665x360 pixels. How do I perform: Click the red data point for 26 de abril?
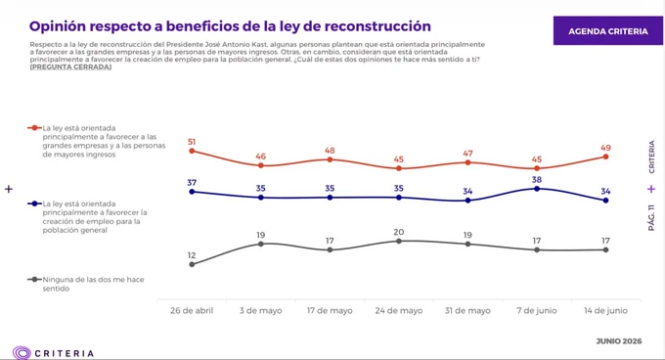click(192, 151)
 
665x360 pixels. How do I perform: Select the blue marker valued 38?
click(537, 189)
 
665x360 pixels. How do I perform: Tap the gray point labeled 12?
click(192, 264)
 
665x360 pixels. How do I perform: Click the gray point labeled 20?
click(399, 242)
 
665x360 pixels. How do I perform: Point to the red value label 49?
click(605, 148)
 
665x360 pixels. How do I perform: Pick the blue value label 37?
click(192, 182)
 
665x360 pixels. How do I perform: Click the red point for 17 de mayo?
click(330, 159)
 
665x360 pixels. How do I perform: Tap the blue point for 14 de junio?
click(605, 201)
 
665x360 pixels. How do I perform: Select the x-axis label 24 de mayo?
click(399, 310)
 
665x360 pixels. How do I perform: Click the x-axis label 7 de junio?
click(537, 310)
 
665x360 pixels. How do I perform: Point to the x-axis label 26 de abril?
click(192, 310)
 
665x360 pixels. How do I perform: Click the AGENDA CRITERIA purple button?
click(607, 30)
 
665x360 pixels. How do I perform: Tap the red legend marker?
click(34, 127)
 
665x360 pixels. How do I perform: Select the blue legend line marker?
click(34, 203)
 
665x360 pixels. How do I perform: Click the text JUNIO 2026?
click(619, 340)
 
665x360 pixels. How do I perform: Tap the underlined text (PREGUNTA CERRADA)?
click(70, 67)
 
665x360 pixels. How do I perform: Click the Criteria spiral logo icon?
click(22, 353)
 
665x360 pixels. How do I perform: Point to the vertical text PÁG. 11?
click(651, 218)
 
